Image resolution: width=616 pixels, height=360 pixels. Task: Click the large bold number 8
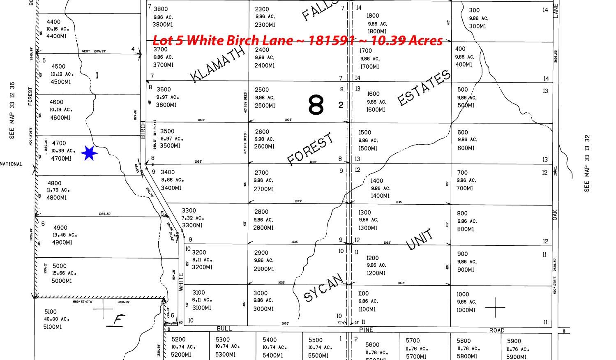(x=316, y=105)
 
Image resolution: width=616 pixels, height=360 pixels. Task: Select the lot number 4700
(x=59, y=143)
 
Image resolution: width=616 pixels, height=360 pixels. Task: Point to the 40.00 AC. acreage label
(x=57, y=319)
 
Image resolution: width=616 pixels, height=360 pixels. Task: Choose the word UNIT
(x=420, y=239)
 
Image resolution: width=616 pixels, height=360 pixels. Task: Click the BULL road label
(x=224, y=329)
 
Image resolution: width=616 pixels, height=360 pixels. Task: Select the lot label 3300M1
(x=192, y=226)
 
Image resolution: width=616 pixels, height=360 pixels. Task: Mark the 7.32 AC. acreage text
(x=193, y=218)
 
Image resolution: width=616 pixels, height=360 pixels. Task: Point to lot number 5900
(x=514, y=341)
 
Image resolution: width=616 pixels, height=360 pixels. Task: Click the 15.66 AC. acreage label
(x=64, y=273)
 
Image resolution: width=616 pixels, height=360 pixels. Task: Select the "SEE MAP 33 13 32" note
(x=587, y=163)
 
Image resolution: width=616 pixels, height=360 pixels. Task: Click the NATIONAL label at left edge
(x=11, y=164)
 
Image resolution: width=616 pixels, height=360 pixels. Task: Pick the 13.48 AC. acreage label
(x=65, y=235)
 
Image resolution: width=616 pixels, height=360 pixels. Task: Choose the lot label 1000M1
(x=466, y=310)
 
